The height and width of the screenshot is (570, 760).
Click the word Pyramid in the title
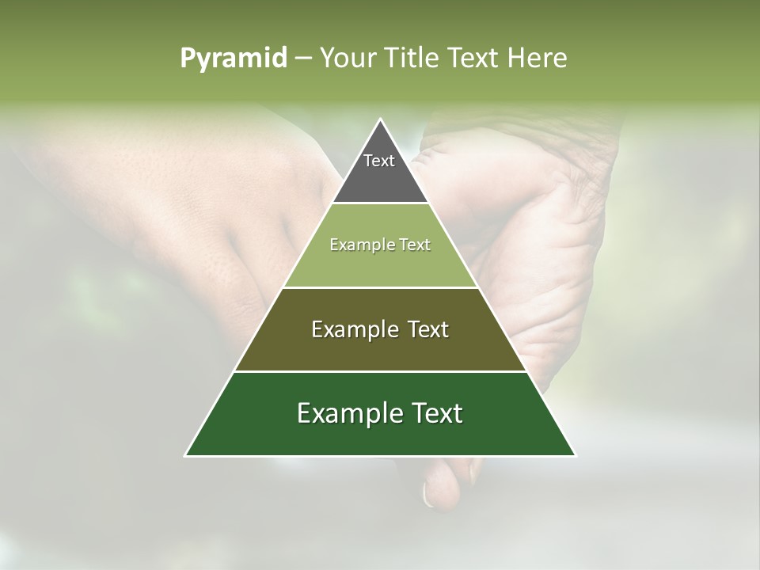(x=233, y=59)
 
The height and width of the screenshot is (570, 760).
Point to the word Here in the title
(x=538, y=58)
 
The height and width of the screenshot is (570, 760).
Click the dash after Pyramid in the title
(x=302, y=59)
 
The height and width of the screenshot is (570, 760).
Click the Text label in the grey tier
(x=379, y=161)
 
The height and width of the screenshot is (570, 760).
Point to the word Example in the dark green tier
(x=348, y=413)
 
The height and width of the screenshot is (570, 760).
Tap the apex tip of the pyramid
(x=380, y=120)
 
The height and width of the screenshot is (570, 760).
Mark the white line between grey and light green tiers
(x=380, y=203)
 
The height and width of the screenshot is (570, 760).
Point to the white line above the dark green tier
(x=380, y=371)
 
